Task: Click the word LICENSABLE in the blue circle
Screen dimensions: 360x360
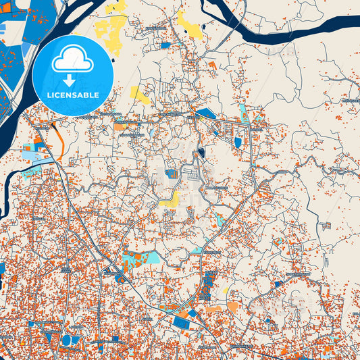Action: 72,95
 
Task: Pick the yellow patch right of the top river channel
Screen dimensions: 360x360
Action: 190,26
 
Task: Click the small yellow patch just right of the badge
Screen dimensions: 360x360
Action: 140,94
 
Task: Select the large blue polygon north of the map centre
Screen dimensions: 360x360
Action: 205,113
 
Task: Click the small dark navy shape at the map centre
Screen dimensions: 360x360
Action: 201,153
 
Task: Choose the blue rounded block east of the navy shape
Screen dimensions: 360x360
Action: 238,143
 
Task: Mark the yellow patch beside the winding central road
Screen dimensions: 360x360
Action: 174,199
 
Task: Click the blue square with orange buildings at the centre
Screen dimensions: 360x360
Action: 172,174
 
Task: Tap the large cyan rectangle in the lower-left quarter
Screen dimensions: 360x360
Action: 151,257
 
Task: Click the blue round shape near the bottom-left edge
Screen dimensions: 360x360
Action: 66,340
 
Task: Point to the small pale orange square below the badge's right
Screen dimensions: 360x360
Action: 120,126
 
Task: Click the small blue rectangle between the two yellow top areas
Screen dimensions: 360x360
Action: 165,45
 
